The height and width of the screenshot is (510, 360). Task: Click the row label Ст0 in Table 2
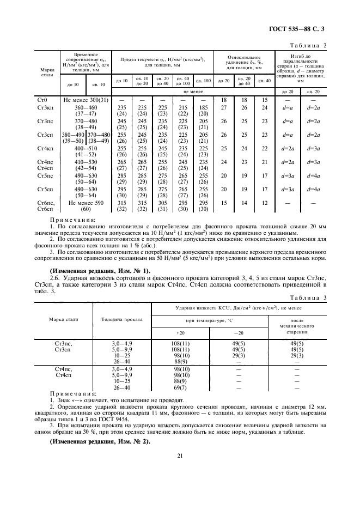tap(42, 100)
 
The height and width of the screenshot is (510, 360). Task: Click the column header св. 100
tap(202, 82)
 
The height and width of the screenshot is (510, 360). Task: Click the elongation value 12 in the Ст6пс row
tap(264, 203)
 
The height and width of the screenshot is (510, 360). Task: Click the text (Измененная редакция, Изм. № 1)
tap(100, 270)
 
